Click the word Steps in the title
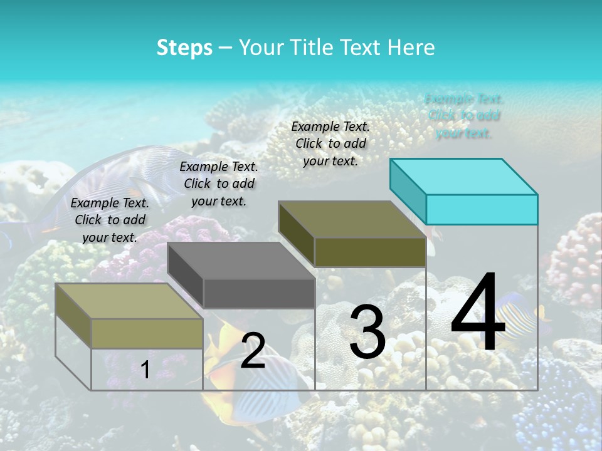click(184, 48)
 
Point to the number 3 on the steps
click(367, 332)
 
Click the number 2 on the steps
click(253, 351)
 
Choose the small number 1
click(145, 370)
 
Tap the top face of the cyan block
click(464, 176)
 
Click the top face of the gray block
click(241, 261)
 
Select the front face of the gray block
click(259, 294)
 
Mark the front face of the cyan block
click(482, 209)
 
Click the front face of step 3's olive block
click(370, 252)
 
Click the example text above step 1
click(110, 220)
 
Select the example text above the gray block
click(219, 184)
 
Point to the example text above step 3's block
click(330, 143)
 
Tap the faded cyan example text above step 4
click(464, 116)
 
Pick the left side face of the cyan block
click(408, 190)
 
